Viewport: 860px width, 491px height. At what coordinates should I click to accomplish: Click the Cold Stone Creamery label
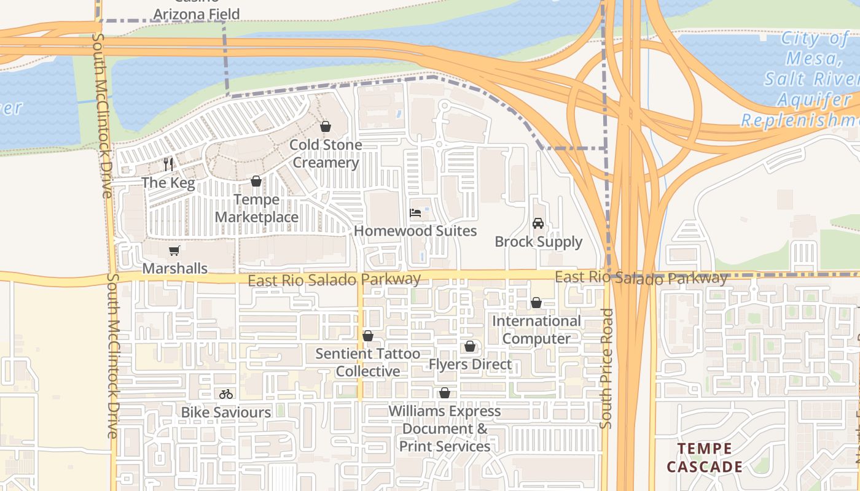tap(326, 154)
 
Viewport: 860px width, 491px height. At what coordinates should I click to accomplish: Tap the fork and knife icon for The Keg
tap(168, 164)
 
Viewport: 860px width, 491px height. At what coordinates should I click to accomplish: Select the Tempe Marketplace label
tap(256, 209)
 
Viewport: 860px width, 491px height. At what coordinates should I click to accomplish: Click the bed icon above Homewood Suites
tap(416, 213)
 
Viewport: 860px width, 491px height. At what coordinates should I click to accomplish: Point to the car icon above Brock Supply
tap(538, 223)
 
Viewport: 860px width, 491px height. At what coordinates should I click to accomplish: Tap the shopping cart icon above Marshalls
tap(174, 250)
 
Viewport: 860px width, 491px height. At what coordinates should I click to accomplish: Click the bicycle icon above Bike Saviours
tap(226, 394)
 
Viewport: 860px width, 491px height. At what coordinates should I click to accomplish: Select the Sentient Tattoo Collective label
tap(368, 363)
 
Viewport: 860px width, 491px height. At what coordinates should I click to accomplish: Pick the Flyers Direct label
tap(470, 365)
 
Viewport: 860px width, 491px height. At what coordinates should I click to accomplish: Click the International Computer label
tap(536, 330)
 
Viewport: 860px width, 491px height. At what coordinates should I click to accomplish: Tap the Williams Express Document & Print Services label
tap(445, 428)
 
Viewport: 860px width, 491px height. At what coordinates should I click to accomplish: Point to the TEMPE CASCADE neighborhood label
tap(705, 458)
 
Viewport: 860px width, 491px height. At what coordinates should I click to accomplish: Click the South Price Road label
tap(606, 368)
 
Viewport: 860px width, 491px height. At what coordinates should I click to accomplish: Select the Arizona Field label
tap(197, 14)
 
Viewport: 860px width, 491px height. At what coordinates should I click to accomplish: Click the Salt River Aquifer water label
tap(811, 80)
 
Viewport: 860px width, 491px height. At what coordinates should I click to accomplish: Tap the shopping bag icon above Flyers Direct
tap(470, 347)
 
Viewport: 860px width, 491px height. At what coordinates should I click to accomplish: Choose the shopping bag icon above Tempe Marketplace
tap(256, 181)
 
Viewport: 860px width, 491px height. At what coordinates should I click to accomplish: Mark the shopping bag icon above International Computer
tap(536, 303)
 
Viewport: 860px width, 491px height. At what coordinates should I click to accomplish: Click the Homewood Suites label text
tap(415, 231)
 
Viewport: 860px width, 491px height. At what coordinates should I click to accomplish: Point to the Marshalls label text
tap(174, 269)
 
